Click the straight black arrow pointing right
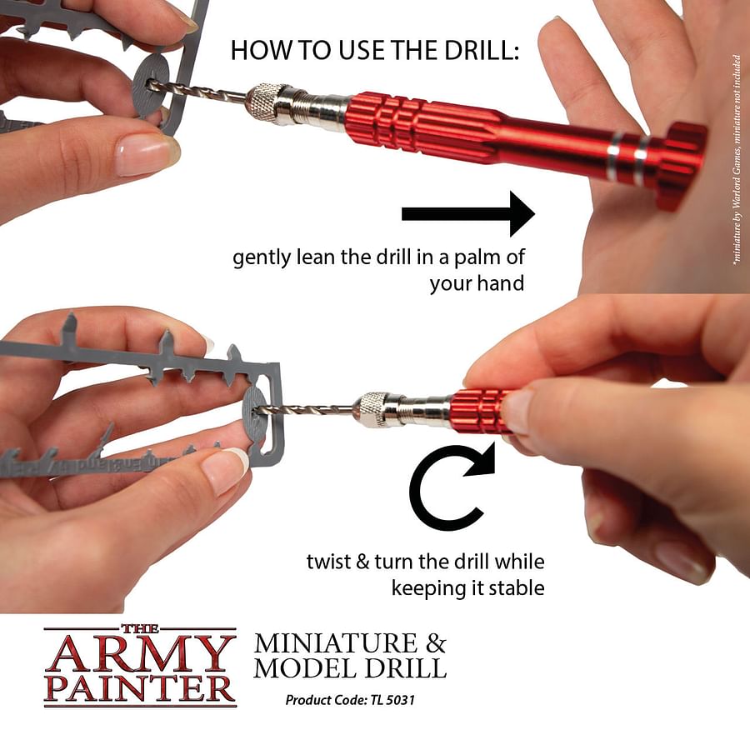467,214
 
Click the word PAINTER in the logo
140,688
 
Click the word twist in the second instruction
328,562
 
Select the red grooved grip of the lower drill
478,411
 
